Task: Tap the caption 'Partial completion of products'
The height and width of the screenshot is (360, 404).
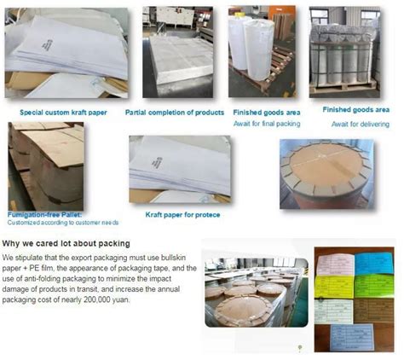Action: point(174,112)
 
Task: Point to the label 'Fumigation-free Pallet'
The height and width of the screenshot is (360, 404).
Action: point(44,212)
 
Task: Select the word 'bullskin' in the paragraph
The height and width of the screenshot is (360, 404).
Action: point(169,257)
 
